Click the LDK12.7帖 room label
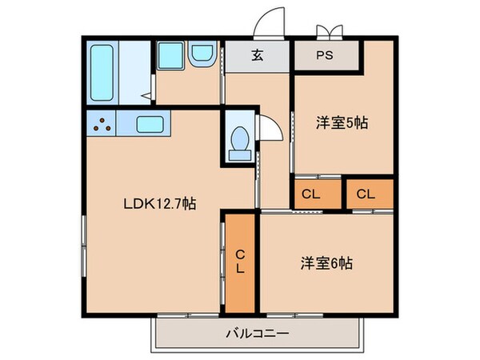coord(158,204)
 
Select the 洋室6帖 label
coord(328,262)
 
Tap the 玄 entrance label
coord(258,56)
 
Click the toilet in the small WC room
coord(238,142)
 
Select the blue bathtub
coord(102,73)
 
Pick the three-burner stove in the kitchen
coord(102,124)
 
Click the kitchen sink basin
coord(150,124)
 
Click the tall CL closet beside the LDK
coord(239,262)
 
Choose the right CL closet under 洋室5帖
coord(366,193)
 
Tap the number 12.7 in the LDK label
coord(170,204)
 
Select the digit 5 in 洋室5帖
coord(354,123)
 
